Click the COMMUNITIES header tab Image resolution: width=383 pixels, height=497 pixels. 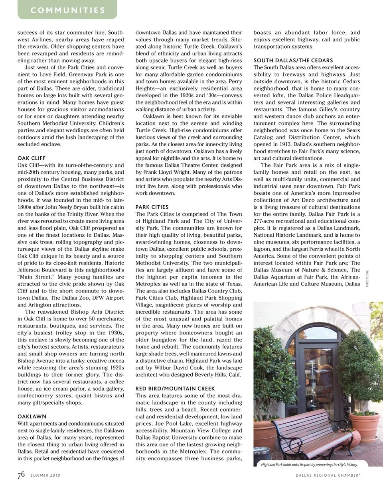(x=67, y=10)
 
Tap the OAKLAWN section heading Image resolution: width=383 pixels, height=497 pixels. (x=32, y=416)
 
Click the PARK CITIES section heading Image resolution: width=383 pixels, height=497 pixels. (x=152, y=207)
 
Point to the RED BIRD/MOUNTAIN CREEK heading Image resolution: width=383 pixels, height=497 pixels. (x=175, y=388)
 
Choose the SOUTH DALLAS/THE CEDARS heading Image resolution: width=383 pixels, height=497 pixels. (x=293, y=60)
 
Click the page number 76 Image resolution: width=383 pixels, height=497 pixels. (x=21, y=475)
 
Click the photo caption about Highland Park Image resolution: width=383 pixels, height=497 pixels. (x=309, y=464)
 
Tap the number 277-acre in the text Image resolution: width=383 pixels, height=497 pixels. (x=266, y=221)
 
